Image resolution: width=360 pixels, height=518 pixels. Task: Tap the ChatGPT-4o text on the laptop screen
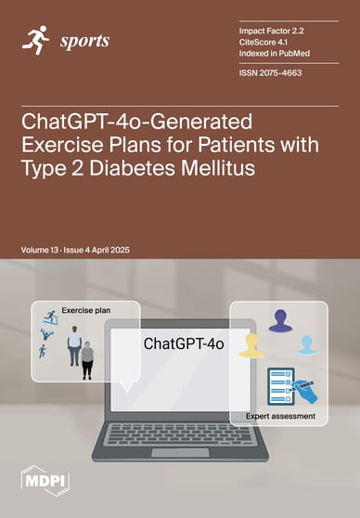tap(184, 344)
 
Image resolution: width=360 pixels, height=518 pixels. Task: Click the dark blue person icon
tap(280, 321)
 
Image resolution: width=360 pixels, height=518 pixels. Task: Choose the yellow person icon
tap(251, 346)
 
